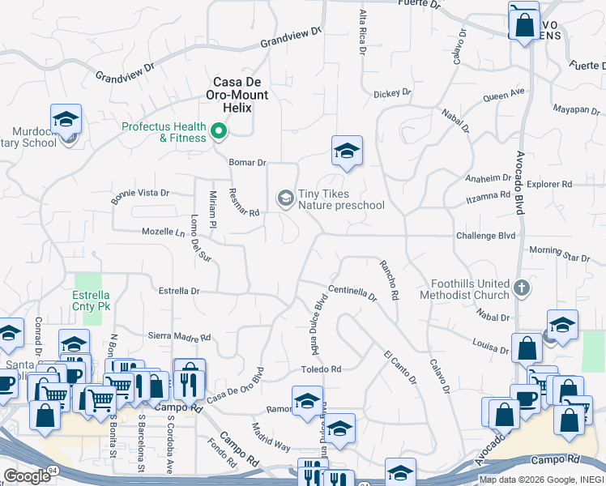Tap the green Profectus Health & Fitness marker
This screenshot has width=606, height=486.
(x=218, y=130)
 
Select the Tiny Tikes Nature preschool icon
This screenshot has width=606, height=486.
(x=285, y=198)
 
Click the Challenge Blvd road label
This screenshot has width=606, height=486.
(x=486, y=236)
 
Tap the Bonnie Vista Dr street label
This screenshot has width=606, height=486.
(x=140, y=194)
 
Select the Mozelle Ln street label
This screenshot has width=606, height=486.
(x=164, y=232)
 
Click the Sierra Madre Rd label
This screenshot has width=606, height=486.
(x=179, y=336)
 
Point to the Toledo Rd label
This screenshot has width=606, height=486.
(x=323, y=369)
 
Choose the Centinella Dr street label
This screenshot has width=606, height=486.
(x=352, y=292)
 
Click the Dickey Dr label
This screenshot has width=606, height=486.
(x=392, y=94)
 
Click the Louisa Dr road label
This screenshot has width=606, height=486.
(x=491, y=347)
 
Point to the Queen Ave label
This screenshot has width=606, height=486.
(x=504, y=96)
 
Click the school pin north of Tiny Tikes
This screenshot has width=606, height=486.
(x=347, y=151)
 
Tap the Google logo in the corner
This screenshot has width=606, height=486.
(x=27, y=476)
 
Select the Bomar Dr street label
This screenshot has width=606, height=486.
(x=247, y=162)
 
